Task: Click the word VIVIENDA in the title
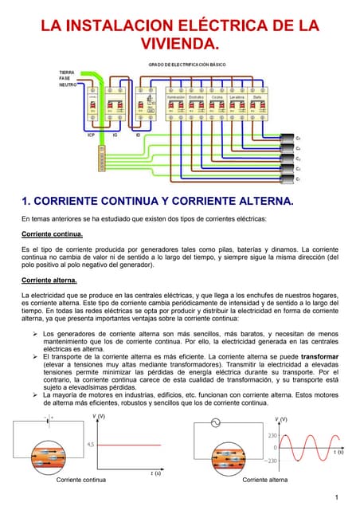click(x=179, y=42)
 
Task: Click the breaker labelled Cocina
click(x=217, y=107)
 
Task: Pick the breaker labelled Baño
click(x=257, y=107)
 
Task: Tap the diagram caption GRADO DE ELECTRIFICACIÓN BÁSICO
click(x=180, y=64)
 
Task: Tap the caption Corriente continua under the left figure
click(x=82, y=480)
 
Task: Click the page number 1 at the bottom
click(x=338, y=498)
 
